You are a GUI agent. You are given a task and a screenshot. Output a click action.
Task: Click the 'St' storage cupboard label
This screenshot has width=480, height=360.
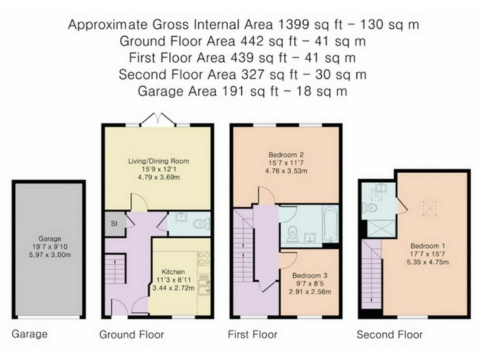point(114,223)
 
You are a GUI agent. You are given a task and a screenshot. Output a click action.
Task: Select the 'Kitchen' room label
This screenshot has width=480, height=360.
point(173,272)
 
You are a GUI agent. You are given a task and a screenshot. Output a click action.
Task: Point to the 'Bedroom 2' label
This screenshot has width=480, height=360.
point(284,154)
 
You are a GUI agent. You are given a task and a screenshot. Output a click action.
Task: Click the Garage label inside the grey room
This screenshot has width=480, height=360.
point(48,238)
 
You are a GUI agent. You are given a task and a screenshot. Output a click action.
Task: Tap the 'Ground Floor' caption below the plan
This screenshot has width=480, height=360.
point(131,335)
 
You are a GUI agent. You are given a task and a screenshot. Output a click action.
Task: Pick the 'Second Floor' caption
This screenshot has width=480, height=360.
point(389,335)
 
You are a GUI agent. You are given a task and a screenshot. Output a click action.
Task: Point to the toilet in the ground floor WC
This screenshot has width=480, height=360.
point(199,223)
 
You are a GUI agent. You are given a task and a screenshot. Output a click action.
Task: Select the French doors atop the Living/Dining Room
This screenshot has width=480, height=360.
point(157,119)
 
